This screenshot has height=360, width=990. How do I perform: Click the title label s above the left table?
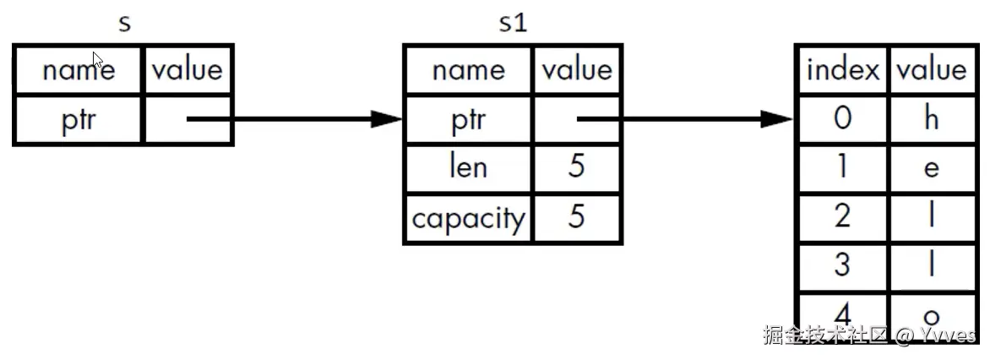[x=124, y=25]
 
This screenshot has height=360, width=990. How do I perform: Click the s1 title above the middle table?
[x=513, y=23]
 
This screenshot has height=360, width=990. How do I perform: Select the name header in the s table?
[x=79, y=68]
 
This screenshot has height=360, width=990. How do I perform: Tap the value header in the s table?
[x=188, y=68]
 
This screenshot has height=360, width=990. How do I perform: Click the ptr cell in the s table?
[x=79, y=120]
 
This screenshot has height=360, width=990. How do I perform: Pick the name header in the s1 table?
[x=469, y=68]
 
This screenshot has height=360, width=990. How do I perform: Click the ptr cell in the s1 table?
[x=469, y=120]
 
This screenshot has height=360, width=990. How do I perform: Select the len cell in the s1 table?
[x=469, y=167]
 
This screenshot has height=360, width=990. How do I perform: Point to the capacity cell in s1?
[x=469, y=219]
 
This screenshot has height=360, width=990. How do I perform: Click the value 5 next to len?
[x=576, y=167]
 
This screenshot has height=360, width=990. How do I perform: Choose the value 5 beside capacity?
[x=576, y=217]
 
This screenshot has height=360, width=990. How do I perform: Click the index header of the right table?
[x=843, y=68]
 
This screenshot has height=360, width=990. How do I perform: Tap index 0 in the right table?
[x=843, y=118]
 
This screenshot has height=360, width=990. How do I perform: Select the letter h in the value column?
[x=931, y=118]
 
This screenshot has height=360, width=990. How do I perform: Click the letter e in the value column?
[x=931, y=169]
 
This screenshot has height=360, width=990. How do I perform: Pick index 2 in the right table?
[x=843, y=215]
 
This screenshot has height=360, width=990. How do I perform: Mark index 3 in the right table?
[x=843, y=265]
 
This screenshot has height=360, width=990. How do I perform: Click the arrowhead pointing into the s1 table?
[x=386, y=119]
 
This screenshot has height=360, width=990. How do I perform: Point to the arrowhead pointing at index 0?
[x=776, y=119]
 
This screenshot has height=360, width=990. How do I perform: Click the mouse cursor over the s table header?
[x=98, y=60]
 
